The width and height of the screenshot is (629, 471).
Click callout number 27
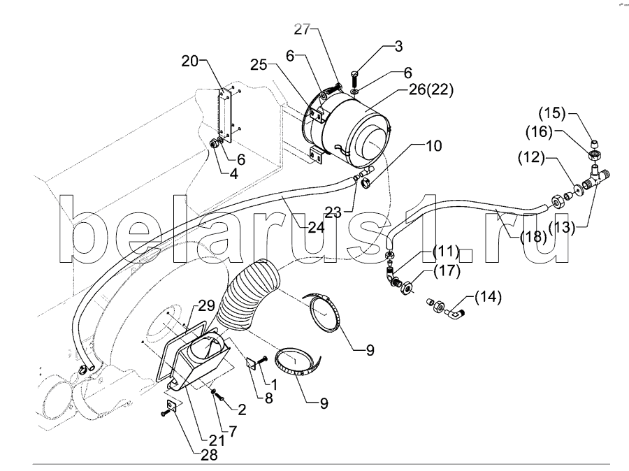click(301, 30)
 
